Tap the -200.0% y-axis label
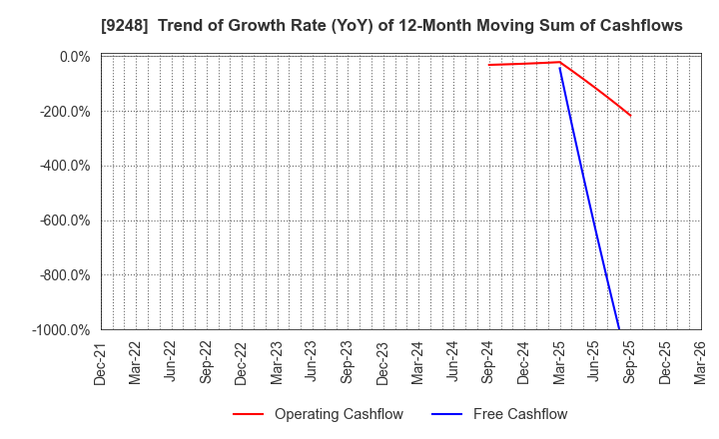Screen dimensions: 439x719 point(66,112)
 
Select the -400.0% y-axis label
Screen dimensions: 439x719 point(66,166)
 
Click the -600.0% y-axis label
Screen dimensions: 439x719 point(66,220)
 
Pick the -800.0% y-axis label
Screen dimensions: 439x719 point(66,275)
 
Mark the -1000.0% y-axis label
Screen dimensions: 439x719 point(63,330)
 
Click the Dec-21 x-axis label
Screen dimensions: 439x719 point(100,361)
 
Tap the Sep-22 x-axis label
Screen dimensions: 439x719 point(206,361)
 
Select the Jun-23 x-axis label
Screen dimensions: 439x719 point(312,361)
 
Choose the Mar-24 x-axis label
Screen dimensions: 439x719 point(417,361)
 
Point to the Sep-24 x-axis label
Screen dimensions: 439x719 point(488,361)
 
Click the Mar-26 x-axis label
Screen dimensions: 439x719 point(700,361)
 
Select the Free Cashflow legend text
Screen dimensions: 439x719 point(519,414)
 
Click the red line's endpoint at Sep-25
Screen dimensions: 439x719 point(630,116)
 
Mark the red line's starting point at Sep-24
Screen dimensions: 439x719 point(488,65)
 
